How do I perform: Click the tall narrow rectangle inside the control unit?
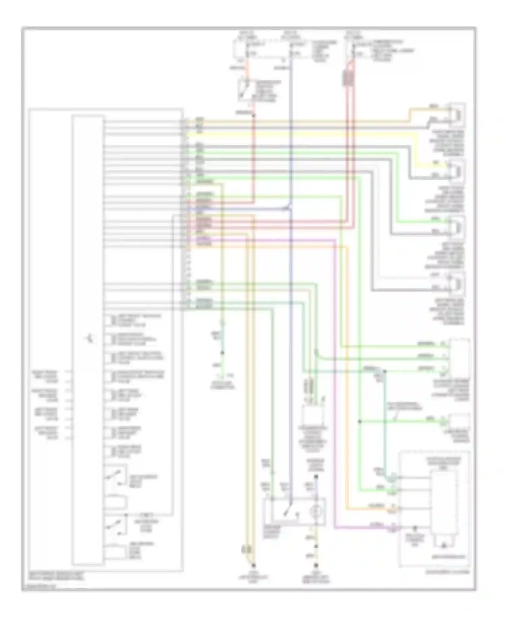[x=88, y=338]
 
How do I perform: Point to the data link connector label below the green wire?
[x=222, y=385]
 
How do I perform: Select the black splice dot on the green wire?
[x=360, y=421]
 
